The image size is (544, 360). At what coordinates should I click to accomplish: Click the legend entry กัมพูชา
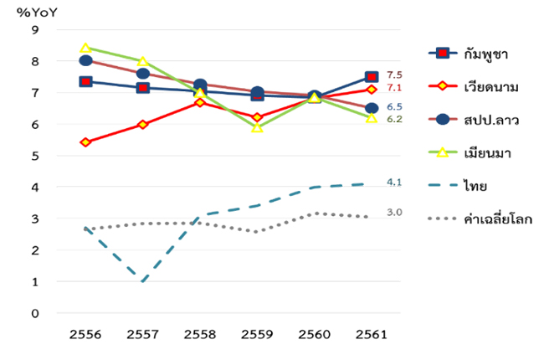pyautogui.click(x=485, y=54)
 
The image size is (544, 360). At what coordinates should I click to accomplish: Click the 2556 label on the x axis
pyautogui.click(x=85, y=334)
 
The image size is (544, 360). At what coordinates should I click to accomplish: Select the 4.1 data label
pyautogui.click(x=394, y=182)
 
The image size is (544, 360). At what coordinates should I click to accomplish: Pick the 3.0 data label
pyautogui.click(x=394, y=213)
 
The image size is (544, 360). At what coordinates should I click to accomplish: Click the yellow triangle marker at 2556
pyautogui.click(x=85, y=48)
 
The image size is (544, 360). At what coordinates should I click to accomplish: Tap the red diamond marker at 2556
pyautogui.click(x=85, y=142)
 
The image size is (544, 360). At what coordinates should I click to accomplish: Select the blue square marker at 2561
pyautogui.click(x=372, y=77)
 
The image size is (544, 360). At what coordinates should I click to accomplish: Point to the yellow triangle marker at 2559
pyautogui.click(x=257, y=127)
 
